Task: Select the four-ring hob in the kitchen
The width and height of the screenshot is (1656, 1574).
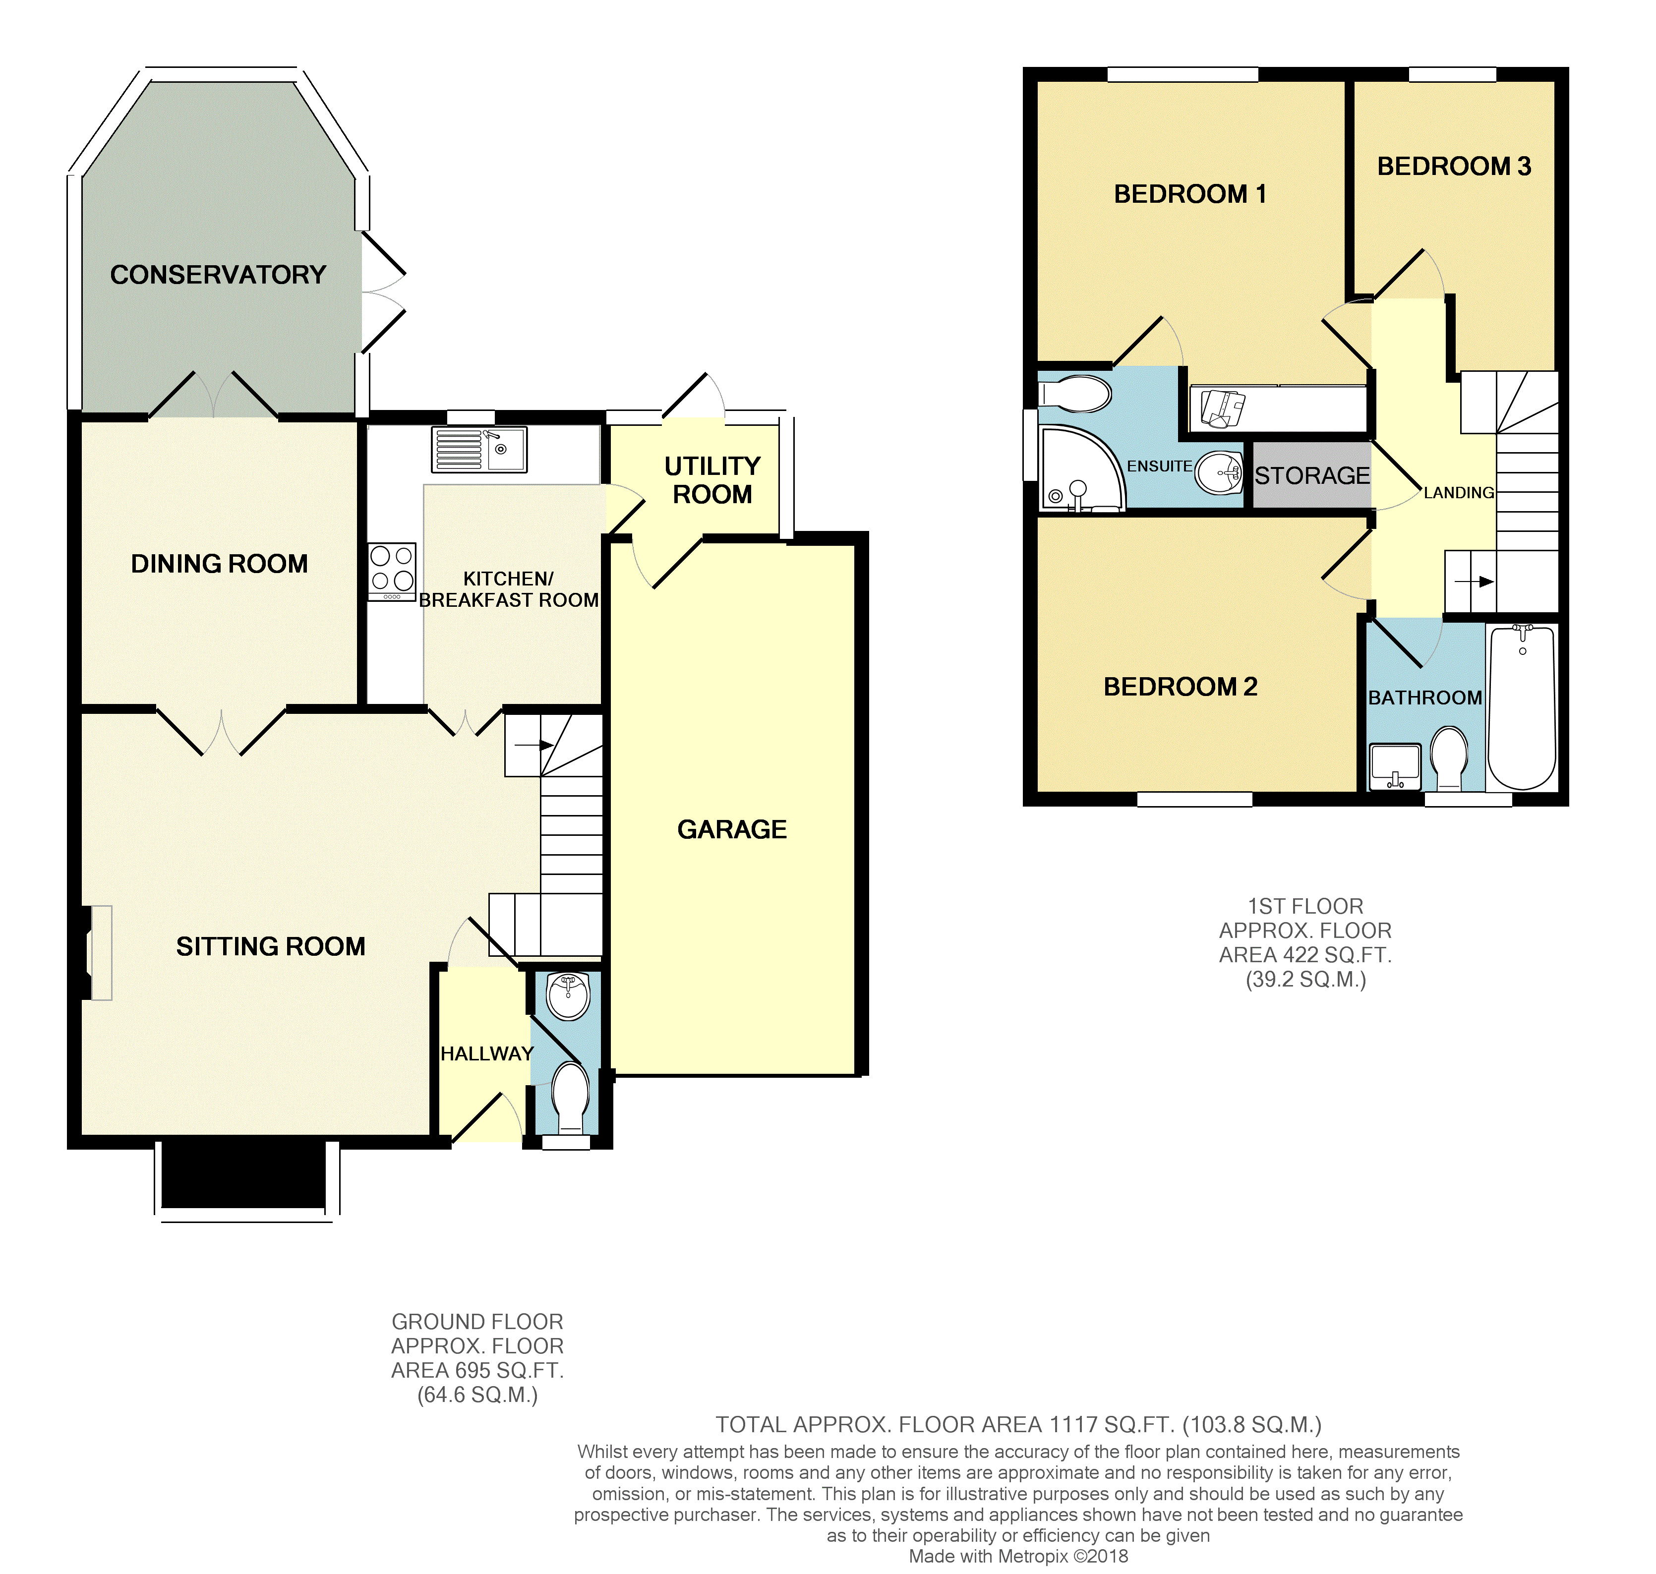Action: (x=392, y=572)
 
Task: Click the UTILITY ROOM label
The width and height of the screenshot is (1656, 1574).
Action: (x=712, y=480)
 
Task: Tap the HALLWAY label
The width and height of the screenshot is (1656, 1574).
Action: (x=486, y=1054)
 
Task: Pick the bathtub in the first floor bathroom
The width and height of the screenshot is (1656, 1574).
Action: (x=1522, y=707)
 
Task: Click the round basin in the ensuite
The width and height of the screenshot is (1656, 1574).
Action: (x=1219, y=473)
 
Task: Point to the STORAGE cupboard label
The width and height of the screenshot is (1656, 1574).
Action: (x=1311, y=476)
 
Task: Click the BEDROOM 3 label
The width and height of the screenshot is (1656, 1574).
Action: (x=1454, y=166)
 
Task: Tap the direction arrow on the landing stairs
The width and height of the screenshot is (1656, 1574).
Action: (x=1474, y=582)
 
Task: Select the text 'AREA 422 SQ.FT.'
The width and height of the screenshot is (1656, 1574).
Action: (x=1305, y=955)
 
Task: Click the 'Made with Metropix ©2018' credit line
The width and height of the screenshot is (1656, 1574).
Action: (x=1018, y=1556)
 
